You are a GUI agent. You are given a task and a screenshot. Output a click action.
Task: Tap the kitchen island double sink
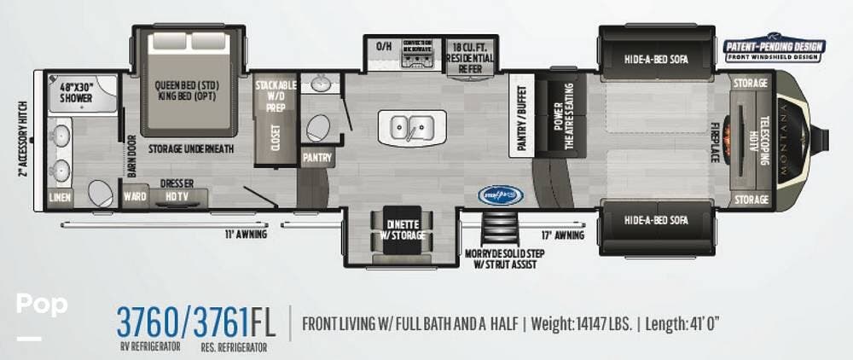point(412,128)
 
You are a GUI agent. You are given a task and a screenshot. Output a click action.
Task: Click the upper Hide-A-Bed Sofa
point(655,59)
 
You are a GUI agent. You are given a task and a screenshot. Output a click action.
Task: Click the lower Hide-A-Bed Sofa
point(655,220)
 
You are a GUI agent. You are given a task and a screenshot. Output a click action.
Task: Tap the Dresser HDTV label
point(177,189)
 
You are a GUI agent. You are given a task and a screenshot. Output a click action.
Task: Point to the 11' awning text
point(246,234)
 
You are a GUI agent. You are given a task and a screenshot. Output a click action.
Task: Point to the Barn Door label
point(131,156)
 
